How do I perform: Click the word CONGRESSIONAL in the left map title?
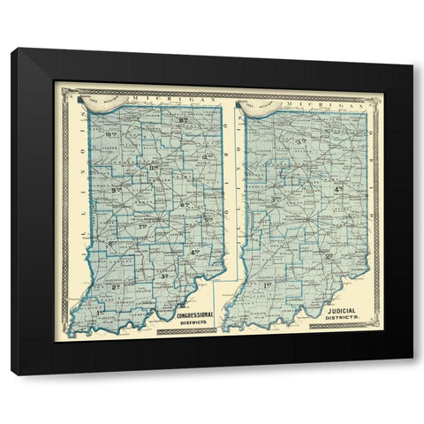pyautogui.click(x=196, y=316)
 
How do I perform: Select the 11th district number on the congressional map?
pyautogui.click(x=154, y=168)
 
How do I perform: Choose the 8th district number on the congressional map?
pyautogui.click(x=112, y=243)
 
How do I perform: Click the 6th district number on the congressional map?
pyautogui.click(x=185, y=206)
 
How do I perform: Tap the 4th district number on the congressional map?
pyautogui.click(x=194, y=254)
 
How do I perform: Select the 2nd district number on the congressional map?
pyautogui.click(x=116, y=287)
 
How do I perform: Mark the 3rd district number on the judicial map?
pyautogui.click(x=276, y=200)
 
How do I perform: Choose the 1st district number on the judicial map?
pyautogui.click(x=268, y=285)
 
